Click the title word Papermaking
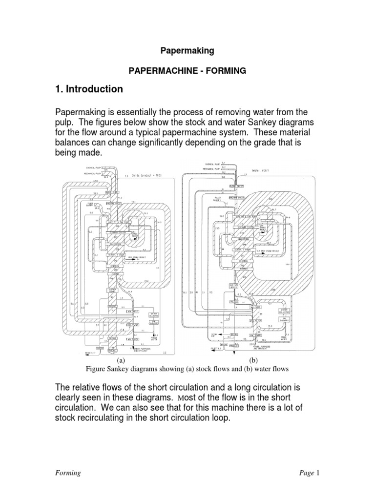(x=187, y=50)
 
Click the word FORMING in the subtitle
(x=225, y=71)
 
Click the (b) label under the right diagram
(x=253, y=359)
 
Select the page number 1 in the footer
(x=317, y=473)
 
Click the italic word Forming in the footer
(x=67, y=473)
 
